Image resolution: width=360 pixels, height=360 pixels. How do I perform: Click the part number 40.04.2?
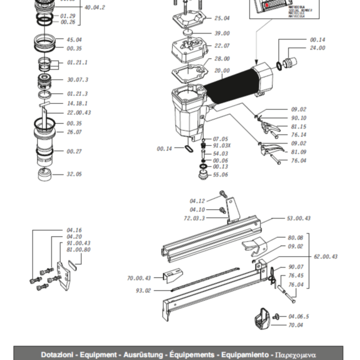[x=95, y=8]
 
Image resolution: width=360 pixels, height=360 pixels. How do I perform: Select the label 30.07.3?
[x=77, y=79]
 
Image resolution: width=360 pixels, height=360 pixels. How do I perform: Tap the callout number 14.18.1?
[x=77, y=103]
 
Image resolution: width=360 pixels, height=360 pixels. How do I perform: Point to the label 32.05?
[x=74, y=174]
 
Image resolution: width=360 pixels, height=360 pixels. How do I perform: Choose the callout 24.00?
[x=317, y=48]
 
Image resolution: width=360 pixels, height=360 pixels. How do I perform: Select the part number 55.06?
[x=220, y=175]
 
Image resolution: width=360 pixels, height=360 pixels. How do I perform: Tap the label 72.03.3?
[x=194, y=218]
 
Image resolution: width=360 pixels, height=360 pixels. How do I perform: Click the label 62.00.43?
[x=325, y=257]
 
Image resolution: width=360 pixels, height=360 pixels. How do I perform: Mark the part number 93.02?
[x=144, y=290]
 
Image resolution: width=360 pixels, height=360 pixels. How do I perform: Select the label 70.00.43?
[x=139, y=278]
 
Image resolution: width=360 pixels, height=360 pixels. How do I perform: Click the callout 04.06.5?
[x=298, y=316]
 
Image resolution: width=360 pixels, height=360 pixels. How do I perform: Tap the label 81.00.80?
[x=78, y=250]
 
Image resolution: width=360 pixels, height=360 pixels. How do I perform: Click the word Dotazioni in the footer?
[x=58, y=355]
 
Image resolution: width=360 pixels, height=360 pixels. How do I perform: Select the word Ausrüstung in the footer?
[x=145, y=355]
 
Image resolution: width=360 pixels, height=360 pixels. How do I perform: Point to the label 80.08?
[x=295, y=238]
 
